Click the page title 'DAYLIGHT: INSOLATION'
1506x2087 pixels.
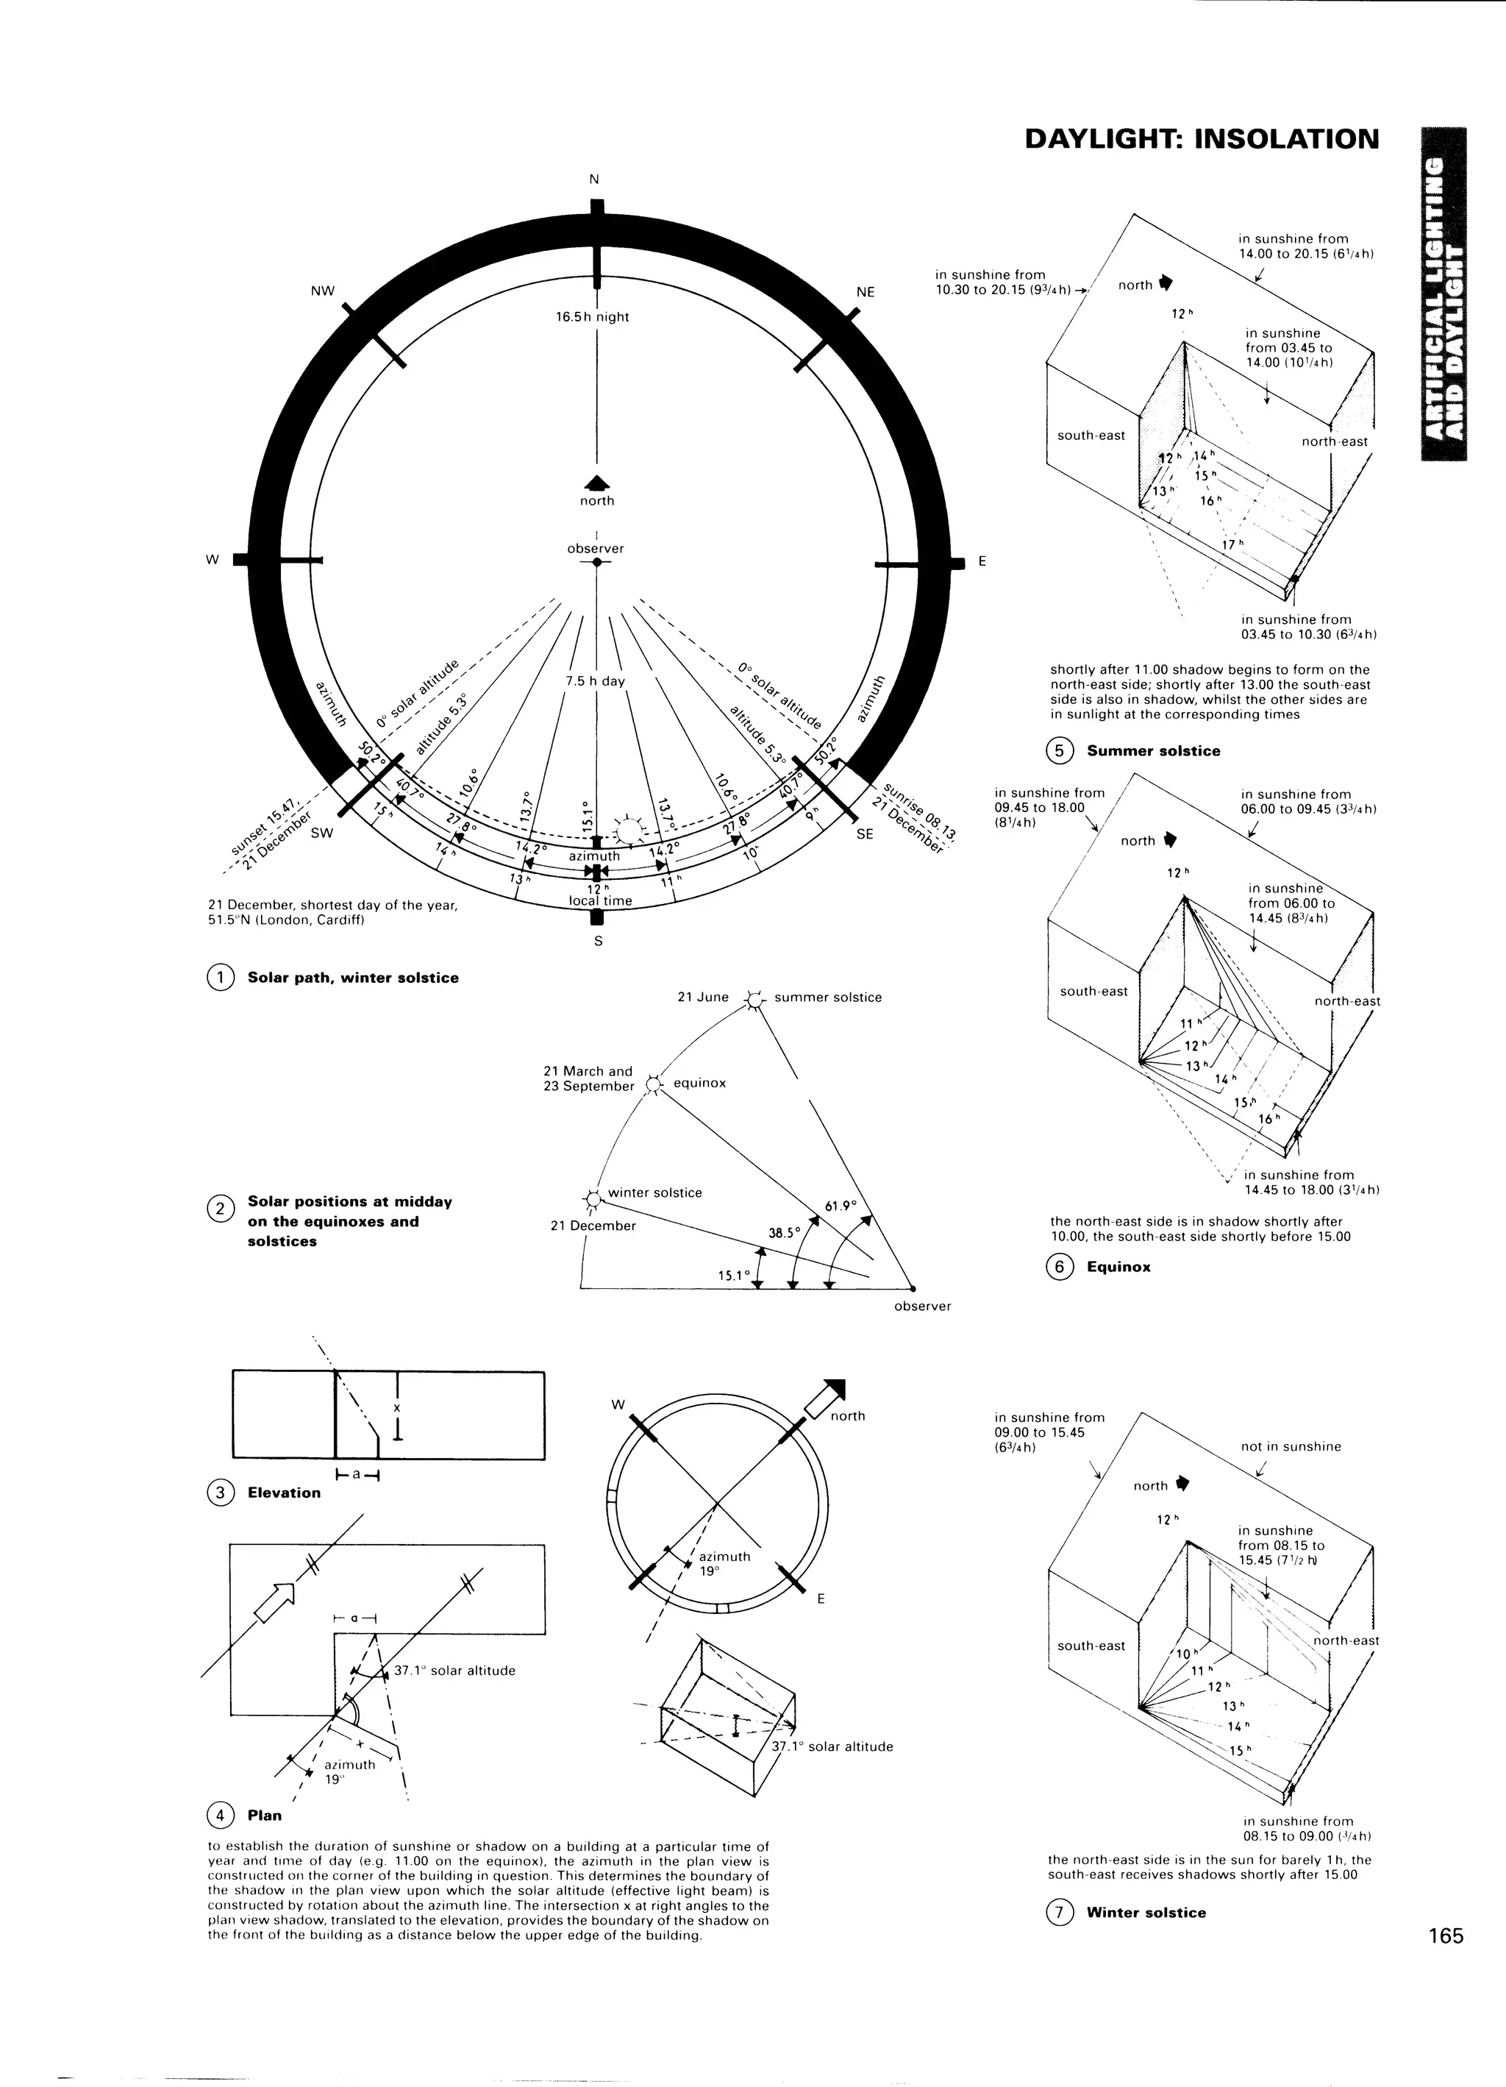tap(1202, 139)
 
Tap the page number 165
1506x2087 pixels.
tap(1445, 1935)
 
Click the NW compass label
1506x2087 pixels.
tap(323, 291)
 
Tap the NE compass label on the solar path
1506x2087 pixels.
tap(865, 292)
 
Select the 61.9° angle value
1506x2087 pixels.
tap(840, 1206)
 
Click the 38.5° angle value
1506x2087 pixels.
tap(784, 1233)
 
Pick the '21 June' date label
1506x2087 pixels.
tap(703, 997)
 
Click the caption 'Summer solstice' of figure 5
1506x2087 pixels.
tap(1153, 751)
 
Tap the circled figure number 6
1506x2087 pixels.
tap(1059, 1267)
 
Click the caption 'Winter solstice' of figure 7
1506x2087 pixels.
tap(1146, 1912)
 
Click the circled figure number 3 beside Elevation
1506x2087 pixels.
tap(220, 1493)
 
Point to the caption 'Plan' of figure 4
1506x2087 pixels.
tap(264, 1816)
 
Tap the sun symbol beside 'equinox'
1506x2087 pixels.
tap(653, 1085)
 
